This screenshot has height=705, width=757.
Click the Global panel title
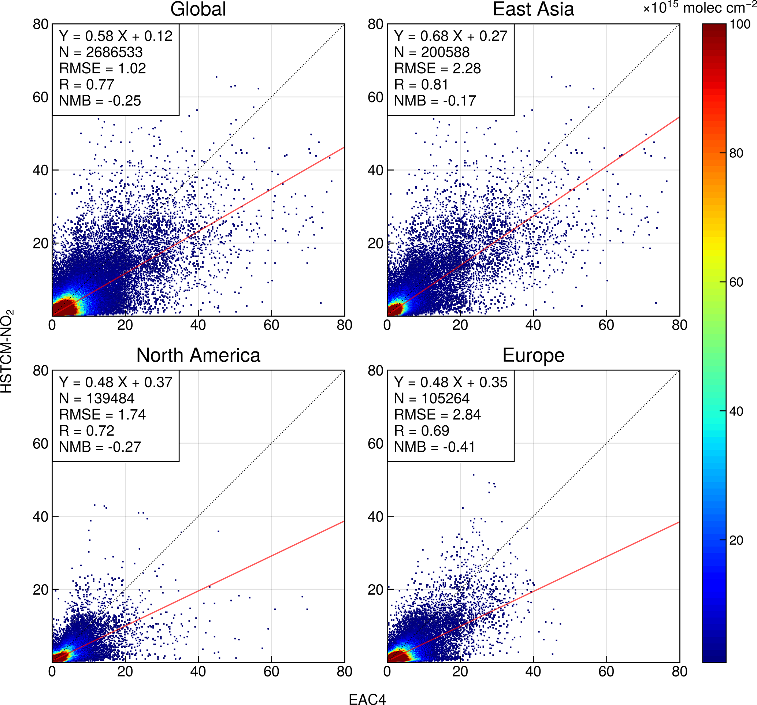click(198, 9)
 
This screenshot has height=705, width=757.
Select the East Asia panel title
click(533, 9)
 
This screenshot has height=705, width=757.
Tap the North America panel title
click(198, 355)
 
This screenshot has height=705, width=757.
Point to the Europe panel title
click(533, 355)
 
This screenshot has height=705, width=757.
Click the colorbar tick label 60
click(736, 282)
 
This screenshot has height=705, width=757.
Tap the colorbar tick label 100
click(739, 25)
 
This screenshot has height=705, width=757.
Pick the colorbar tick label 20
click(736, 540)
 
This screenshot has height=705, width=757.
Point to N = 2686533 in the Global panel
click(100, 52)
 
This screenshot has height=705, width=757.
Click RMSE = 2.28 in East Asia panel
click(437, 68)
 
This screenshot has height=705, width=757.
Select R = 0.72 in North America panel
click(86, 430)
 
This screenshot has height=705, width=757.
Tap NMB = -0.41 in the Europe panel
click(434, 447)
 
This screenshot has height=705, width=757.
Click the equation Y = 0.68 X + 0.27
click(450, 36)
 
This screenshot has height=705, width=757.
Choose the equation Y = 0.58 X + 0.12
click(116, 36)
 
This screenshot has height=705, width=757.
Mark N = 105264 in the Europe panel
click(431, 399)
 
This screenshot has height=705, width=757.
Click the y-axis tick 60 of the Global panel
click(40, 97)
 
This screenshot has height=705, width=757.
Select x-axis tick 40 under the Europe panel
click(533, 671)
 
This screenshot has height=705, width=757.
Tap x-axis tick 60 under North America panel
click(271, 671)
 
